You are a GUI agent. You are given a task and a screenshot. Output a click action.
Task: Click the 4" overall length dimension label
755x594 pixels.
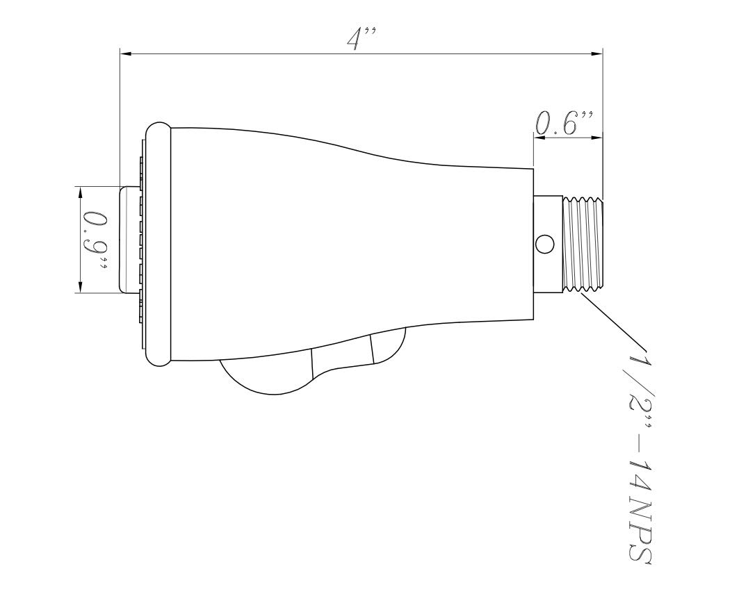tap(361, 38)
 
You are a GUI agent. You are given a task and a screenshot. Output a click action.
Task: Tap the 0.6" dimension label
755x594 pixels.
tap(563, 123)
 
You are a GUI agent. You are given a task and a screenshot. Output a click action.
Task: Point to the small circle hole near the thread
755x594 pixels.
tap(545, 244)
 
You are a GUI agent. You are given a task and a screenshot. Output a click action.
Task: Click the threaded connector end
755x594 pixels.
tap(583, 244)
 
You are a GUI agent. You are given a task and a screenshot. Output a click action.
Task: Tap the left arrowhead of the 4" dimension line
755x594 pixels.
tap(126, 54)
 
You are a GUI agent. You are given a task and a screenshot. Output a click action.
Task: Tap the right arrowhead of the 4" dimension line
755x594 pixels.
tap(596, 54)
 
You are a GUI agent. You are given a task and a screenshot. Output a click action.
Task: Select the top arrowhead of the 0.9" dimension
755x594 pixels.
tap(81, 192)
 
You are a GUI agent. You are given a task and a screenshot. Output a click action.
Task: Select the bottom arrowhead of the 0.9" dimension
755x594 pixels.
tap(81, 286)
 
